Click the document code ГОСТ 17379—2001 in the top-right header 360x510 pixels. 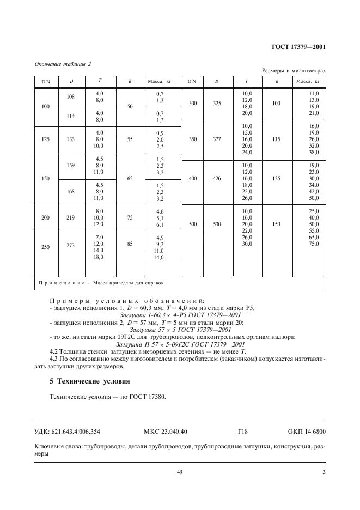pos(298,47)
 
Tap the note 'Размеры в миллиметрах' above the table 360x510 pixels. pos(294,71)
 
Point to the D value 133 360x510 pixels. pos(70,139)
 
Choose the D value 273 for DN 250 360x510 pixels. pos(70,245)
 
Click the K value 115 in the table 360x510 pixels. pos(277,139)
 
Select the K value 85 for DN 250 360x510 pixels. pos(130,244)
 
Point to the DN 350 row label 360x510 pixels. pos(192,139)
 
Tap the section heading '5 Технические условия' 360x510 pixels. pos(89,380)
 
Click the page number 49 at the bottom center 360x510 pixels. pos(179,472)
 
